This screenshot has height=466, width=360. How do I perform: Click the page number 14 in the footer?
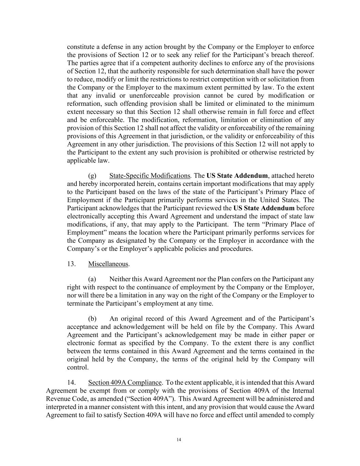point(179,440)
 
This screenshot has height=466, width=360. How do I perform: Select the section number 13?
point(71,264)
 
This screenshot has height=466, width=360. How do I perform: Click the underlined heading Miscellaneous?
point(108,264)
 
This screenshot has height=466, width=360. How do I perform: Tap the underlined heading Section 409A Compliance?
point(125,382)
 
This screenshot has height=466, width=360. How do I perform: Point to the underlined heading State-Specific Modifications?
point(149,176)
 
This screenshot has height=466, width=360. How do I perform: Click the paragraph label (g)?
point(92,176)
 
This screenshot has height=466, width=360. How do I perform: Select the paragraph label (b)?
point(92,319)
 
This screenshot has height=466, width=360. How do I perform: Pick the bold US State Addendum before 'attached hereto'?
point(237,176)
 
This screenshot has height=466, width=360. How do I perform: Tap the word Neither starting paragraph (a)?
point(120,279)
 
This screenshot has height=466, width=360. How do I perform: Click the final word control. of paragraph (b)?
point(78,367)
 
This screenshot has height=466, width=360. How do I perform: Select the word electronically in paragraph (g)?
point(87,216)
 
